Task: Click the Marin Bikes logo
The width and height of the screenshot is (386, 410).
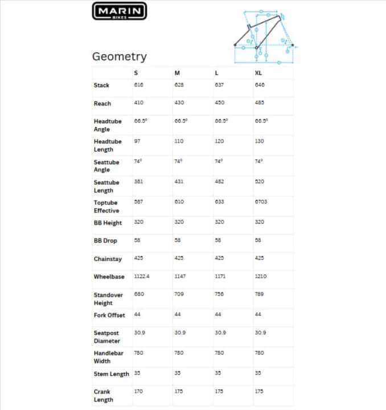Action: point(120,11)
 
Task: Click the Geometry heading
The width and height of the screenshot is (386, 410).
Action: point(120,56)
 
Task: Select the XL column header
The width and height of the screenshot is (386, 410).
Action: point(258,73)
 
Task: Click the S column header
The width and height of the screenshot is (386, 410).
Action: point(135,73)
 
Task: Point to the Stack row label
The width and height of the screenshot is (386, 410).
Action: point(102,85)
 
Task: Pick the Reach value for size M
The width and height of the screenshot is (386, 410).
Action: point(179,102)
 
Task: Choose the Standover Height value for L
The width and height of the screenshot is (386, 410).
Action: point(219,294)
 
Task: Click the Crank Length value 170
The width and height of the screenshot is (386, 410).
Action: point(138,391)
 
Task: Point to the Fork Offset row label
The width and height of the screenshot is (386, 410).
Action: point(109,315)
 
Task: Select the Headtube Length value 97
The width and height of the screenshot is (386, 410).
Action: point(137,141)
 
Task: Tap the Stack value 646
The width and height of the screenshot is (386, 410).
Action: point(260,85)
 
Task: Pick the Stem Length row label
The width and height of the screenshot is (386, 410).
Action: point(111,374)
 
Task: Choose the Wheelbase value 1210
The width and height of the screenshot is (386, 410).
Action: point(261,276)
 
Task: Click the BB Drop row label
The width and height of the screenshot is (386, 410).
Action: point(105,241)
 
